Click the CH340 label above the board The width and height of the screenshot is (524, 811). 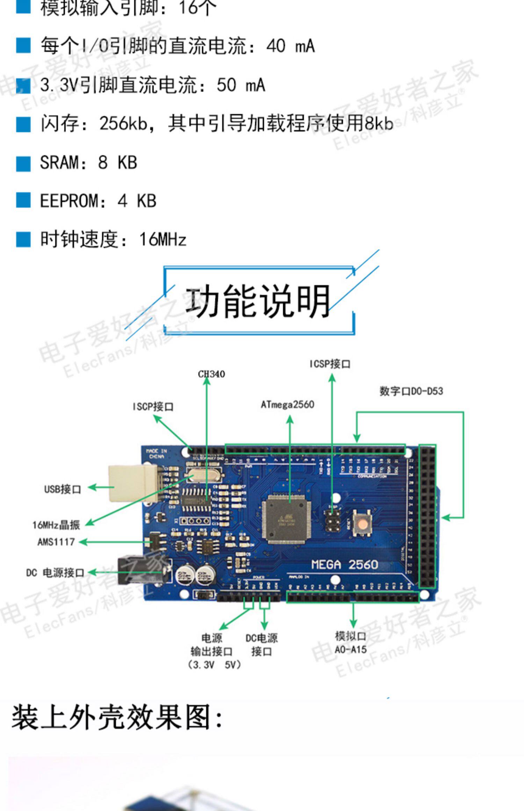(211, 374)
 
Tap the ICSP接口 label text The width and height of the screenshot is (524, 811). (330, 364)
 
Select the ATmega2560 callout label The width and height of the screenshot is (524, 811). (288, 404)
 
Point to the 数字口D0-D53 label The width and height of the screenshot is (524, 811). (411, 391)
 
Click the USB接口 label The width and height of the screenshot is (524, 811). (63, 489)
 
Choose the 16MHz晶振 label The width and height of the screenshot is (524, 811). (56, 525)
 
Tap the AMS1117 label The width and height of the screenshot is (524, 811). (56, 542)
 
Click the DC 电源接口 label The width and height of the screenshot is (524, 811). (55, 573)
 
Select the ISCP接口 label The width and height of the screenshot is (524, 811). (153, 407)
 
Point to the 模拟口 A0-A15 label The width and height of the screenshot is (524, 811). (351, 643)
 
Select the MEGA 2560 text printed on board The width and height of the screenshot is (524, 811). (344, 565)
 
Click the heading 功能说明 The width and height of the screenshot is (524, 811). (258, 301)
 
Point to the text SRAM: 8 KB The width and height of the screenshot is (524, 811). (88, 162)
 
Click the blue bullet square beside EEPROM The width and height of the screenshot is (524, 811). (23, 200)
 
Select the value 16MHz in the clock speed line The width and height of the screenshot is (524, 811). (162, 240)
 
